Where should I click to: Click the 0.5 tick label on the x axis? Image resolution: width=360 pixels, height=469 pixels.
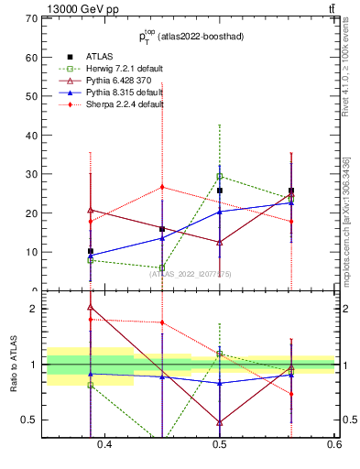pyautogui.click(x=220, y=444)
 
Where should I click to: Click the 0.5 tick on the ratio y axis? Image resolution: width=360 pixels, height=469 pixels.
pyautogui.click(x=29, y=420)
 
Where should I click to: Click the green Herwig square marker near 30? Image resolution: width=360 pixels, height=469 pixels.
pyautogui.click(x=220, y=176)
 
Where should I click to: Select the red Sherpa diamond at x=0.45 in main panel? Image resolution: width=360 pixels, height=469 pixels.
pyautogui.click(x=162, y=187)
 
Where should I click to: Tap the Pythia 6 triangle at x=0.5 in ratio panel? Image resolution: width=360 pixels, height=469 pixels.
pyautogui.click(x=220, y=422)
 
